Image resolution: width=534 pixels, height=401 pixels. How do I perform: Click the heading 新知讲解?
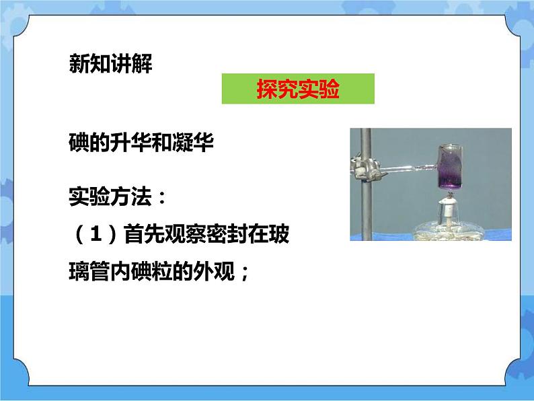click(x=111, y=65)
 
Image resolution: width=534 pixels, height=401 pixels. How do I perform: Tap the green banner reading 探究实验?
click(x=297, y=89)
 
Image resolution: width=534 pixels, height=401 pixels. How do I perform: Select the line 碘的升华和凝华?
click(x=141, y=143)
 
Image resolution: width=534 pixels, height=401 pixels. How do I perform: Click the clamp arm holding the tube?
click(x=404, y=165)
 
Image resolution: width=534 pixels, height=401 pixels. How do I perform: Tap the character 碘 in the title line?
click(x=79, y=143)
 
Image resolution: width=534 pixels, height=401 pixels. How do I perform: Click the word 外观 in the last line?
click(x=212, y=274)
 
